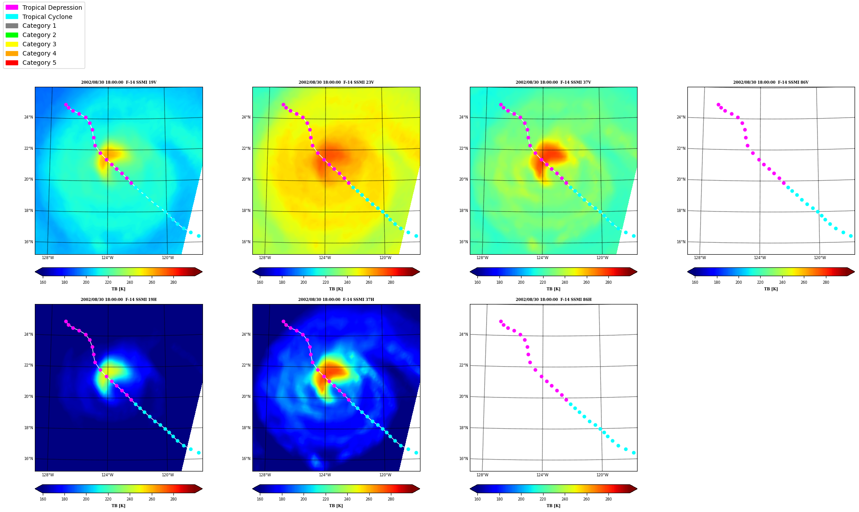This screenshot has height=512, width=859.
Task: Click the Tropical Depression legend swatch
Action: [12, 7]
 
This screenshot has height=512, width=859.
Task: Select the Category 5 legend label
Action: [39, 63]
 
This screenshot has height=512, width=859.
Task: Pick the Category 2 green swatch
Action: [12, 35]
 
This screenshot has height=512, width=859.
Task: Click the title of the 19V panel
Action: [119, 82]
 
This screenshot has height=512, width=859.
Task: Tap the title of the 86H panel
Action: [554, 300]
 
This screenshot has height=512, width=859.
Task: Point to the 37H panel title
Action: [336, 300]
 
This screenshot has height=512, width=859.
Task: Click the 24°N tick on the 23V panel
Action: [246, 117]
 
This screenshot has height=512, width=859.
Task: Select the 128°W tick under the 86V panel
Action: [700, 258]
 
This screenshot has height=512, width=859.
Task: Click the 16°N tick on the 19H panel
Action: [28, 459]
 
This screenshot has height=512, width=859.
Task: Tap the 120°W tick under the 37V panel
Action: [602, 258]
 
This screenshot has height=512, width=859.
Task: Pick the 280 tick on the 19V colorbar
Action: [173, 282]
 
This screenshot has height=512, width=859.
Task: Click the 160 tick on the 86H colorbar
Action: [477, 499]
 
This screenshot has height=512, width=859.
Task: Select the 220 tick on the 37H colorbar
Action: [326, 499]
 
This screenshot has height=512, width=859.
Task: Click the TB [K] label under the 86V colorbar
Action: [771, 289]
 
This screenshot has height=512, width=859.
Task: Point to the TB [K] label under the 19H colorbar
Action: [118, 506]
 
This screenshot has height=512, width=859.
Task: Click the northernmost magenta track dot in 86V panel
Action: [718, 105]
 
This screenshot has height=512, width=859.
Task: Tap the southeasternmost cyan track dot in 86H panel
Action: [634, 453]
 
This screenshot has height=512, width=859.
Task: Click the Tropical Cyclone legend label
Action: [47, 17]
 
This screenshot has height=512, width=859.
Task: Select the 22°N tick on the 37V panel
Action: [463, 148]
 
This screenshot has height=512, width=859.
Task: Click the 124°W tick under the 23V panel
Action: [325, 258]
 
